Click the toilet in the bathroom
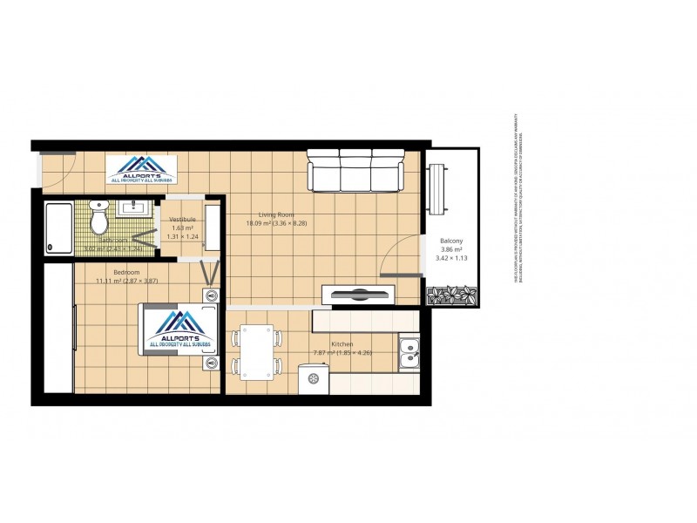99,219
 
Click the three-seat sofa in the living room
355,171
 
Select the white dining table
257,351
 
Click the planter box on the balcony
451,295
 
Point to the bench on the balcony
438,188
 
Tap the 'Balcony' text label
450,241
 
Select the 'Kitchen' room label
342,344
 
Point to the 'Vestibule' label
182,219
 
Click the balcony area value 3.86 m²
450,250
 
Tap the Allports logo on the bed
179,330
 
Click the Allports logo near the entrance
141,168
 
